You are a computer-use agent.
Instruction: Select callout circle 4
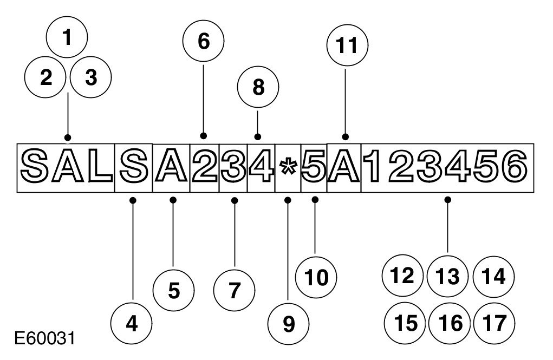[x=131, y=324]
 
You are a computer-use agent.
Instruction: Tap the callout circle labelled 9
[x=289, y=324]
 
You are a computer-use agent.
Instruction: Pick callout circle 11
[x=347, y=46]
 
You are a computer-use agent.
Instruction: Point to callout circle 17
[x=493, y=323]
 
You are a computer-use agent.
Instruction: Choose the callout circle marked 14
[x=493, y=277]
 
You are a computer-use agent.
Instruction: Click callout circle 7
[x=234, y=291]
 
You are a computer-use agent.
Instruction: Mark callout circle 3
[x=91, y=78]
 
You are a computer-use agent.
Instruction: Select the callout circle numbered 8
[x=258, y=87]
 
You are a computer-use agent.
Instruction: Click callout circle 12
[x=402, y=277]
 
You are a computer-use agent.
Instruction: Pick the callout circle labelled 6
[x=204, y=42]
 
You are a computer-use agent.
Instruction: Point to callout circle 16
[x=449, y=323]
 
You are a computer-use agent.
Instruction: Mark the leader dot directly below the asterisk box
[x=288, y=200]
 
